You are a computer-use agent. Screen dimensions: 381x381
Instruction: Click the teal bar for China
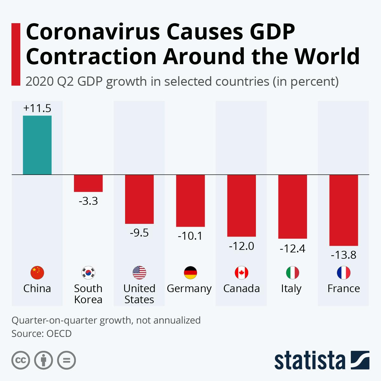37,145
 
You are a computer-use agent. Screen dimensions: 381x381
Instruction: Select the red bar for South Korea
88,183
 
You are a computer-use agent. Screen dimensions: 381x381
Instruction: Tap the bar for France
344,210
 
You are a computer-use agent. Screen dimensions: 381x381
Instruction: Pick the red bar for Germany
190,201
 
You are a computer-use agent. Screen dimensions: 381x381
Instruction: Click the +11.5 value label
37,109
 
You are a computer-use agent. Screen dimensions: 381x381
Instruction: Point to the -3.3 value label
88,201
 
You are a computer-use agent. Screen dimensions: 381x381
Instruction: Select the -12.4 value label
292,248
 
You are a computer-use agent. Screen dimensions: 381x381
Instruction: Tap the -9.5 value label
139,233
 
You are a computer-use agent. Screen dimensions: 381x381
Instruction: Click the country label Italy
291,289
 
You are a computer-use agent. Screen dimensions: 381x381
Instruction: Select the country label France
344,289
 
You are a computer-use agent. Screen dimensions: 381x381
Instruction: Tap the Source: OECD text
42,334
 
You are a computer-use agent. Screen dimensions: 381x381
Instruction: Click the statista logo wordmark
310,360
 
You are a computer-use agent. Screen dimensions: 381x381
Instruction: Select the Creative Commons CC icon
21,360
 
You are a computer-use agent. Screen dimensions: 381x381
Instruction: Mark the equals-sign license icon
66,360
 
